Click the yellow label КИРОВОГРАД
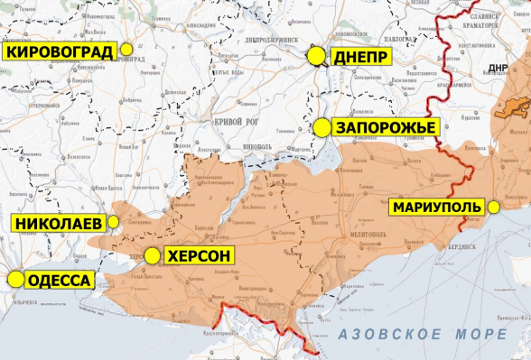[x=60, y=51]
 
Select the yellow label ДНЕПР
[x=361, y=57]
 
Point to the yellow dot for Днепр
[x=316, y=57]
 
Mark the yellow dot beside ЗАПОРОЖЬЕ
[x=321, y=128]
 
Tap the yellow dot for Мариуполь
[x=494, y=208]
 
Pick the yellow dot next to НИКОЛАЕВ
[x=115, y=221]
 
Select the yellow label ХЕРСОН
[x=200, y=256]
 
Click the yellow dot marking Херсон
[x=152, y=256]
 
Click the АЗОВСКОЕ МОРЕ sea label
[x=422, y=335]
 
